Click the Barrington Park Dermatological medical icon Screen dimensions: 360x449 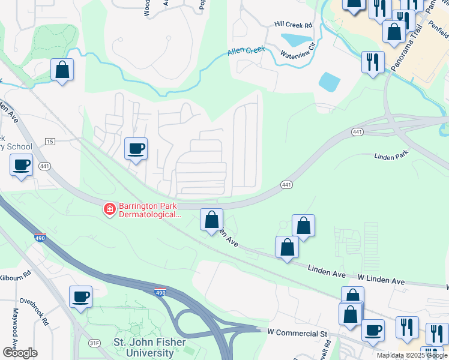pyautogui.click(x=109, y=209)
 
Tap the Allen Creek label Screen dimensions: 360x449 pyautogui.click(x=246, y=51)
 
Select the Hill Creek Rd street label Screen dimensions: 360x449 pyautogui.click(x=294, y=25)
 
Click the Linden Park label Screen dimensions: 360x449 pyautogui.click(x=391, y=157)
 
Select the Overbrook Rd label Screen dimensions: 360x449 pyautogui.click(x=34, y=309)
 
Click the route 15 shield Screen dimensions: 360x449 pyautogui.click(x=49, y=141)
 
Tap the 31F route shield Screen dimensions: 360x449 pyautogui.click(x=94, y=343)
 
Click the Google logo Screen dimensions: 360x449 pyautogui.click(x=19, y=353)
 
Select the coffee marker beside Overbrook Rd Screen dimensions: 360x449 pyautogui.click(x=80, y=296)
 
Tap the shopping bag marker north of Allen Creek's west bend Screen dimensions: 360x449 pyautogui.click(x=62, y=70)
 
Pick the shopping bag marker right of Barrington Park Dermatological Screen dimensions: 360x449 pyautogui.click(x=211, y=220)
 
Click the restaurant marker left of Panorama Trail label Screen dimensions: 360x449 pyautogui.click(x=372, y=62)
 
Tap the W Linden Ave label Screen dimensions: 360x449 pyautogui.click(x=382, y=281)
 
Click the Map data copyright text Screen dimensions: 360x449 pyautogui.click(x=412, y=355)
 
